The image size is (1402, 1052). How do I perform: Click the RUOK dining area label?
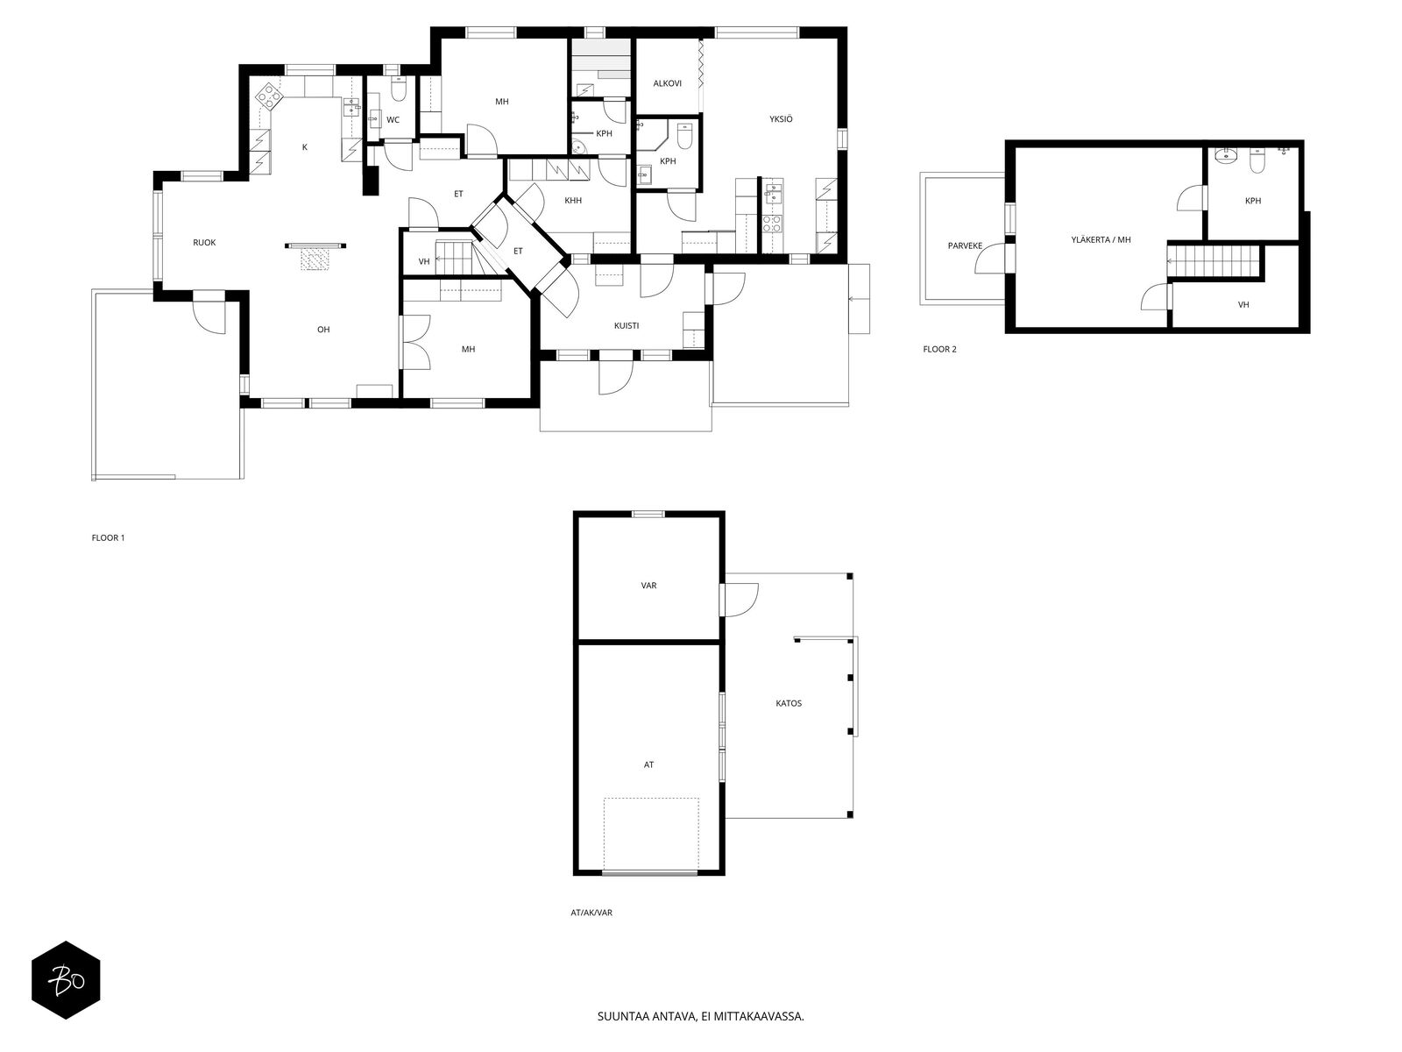pos(204,243)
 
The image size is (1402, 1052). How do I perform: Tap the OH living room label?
pos(323,330)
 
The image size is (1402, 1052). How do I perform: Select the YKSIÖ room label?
pos(781,119)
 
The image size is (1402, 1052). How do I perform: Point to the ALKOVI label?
pos(667,83)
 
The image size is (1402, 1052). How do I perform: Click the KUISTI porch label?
pos(626,326)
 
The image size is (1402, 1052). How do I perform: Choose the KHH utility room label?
pos(573,201)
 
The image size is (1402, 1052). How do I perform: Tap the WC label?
pos(393,120)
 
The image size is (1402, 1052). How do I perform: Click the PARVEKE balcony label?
pos(965,246)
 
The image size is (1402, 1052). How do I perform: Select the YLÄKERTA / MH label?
pos(1101,240)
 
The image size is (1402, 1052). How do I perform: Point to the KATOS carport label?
pos(788,703)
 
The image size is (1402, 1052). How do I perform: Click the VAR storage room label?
pos(648,585)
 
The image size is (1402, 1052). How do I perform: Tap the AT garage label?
pos(648,764)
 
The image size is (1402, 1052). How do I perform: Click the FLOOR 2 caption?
pos(939,350)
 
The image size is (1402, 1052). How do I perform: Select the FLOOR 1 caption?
pos(108,537)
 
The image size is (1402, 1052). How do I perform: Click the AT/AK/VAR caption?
pos(591,913)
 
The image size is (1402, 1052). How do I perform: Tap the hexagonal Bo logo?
pos(66,980)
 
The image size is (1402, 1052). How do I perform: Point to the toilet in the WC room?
pos(398,89)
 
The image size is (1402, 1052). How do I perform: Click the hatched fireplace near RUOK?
pos(315,259)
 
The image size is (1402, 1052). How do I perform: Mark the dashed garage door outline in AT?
pos(651,835)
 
